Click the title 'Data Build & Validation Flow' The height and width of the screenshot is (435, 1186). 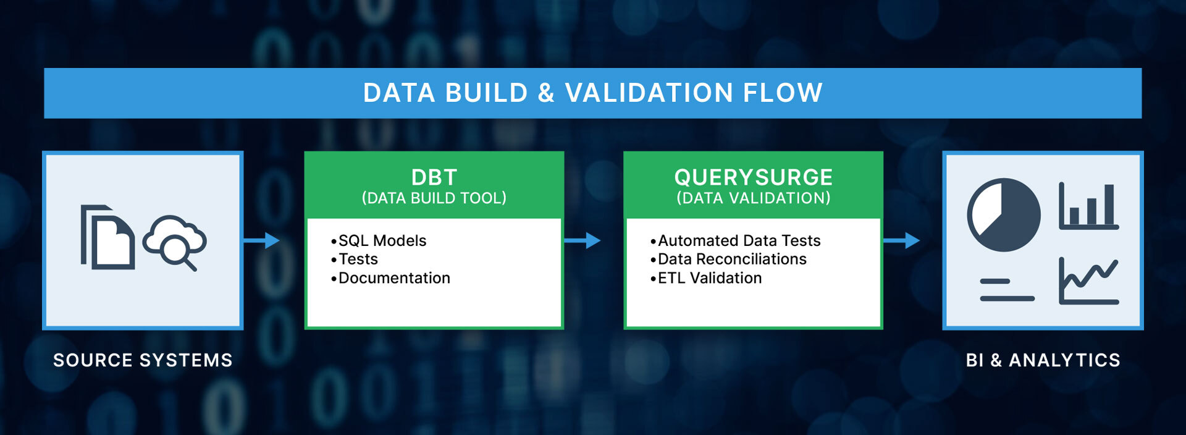point(592,93)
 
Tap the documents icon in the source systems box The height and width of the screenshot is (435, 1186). point(107,237)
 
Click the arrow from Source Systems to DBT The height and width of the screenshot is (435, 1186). point(261,240)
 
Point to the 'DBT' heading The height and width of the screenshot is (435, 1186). point(434,177)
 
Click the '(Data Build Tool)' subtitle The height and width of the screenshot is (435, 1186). point(434,198)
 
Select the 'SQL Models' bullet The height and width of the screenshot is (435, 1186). point(379,240)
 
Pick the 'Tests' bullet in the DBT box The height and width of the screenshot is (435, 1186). point(355,259)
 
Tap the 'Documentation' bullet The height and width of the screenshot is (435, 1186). point(390,278)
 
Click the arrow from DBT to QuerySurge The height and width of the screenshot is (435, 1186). point(582,240)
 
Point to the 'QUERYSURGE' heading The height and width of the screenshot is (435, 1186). point(754,177)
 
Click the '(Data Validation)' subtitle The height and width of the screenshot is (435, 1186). point(754,198)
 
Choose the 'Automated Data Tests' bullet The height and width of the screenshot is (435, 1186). point(736,240)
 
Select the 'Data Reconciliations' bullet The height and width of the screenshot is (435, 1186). point(728,259)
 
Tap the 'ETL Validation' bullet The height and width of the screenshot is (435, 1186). point(706,278)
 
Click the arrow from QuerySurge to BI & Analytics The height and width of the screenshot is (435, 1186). point(902,240)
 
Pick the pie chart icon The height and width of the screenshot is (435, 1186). point(1004,215)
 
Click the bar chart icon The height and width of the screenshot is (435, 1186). point(1089,206)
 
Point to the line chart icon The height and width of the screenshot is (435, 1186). point(1089,281)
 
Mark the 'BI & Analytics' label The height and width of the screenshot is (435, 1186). point(1043,360)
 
